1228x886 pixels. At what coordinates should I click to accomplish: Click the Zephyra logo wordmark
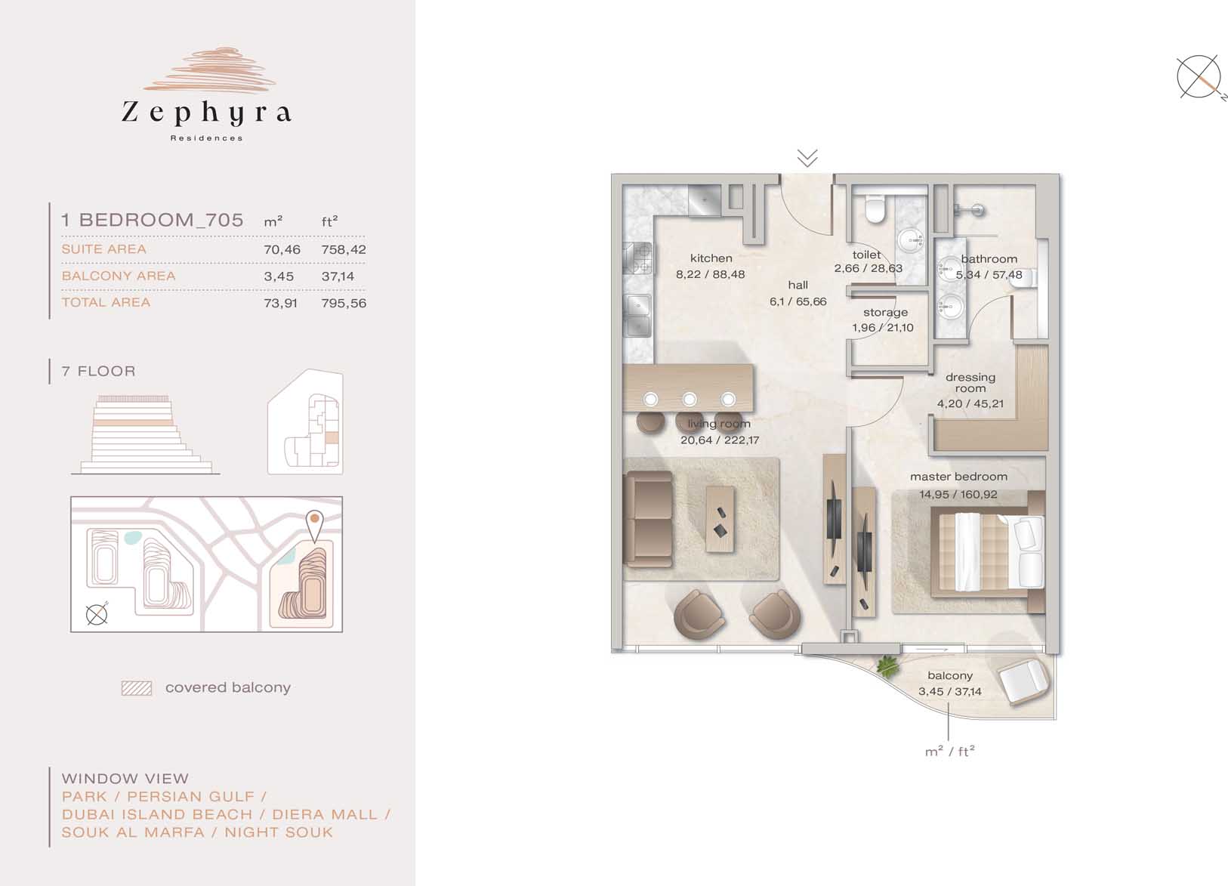coord(206,112)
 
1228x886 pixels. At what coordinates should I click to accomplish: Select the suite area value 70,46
coord(282,249)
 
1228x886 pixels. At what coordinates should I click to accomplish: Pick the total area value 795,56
coord(344,303)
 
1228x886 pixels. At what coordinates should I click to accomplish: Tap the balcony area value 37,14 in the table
coord(338,276)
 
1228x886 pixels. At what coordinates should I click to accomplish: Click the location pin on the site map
coord(314,526)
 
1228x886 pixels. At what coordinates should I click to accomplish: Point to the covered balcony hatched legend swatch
coord(137,688)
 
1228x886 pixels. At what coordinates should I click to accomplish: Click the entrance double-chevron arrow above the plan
coord(807,158)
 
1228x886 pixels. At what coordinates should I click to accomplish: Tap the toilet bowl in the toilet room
coord(875,209)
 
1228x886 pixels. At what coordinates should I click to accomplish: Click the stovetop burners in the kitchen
coord(637,258)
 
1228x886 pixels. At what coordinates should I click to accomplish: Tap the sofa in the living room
coord(649,519)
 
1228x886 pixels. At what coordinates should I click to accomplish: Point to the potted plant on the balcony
coord(887,665)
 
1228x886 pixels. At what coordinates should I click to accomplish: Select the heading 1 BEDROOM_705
coord(153,220)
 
